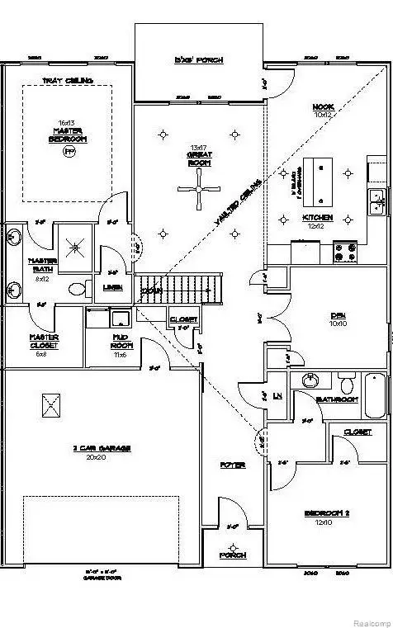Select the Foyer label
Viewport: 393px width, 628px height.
pos(233,465)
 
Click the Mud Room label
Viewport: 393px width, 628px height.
pos(124,341)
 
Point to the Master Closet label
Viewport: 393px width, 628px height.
pos(43,341)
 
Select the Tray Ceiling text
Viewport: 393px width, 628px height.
pos(67,80)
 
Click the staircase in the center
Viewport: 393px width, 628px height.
pos(182,289)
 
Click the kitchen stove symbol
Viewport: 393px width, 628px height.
pos(344,251)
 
